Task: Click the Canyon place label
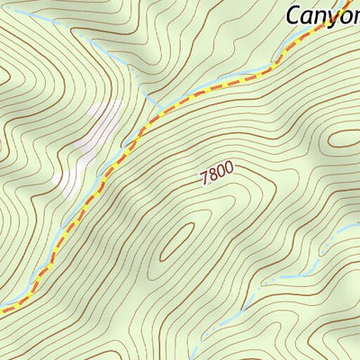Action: (322, 14)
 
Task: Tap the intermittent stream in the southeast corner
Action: (297, 270)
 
